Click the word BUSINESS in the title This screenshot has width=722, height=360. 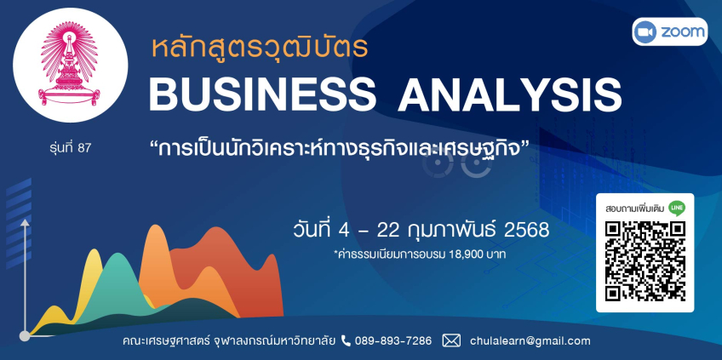(262, 94)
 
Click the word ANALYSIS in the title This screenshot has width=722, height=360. (510, 94)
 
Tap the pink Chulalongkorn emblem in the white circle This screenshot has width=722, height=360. (69, 65)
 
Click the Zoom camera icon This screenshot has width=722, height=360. (645, 31)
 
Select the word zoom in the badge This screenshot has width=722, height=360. (682, 31)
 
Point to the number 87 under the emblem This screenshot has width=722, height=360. (85, 148)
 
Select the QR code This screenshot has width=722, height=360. (645, 261)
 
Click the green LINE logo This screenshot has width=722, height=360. (677, 209)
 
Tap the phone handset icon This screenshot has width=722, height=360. (346, 341)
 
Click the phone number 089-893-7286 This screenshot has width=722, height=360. (393, 341)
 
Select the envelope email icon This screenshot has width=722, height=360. (451, 341)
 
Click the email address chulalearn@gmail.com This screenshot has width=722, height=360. (530, 341)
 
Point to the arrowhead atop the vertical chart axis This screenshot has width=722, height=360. (25, 223)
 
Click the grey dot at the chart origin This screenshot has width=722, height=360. (25, 336)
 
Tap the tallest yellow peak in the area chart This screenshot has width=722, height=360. (95, 251)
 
